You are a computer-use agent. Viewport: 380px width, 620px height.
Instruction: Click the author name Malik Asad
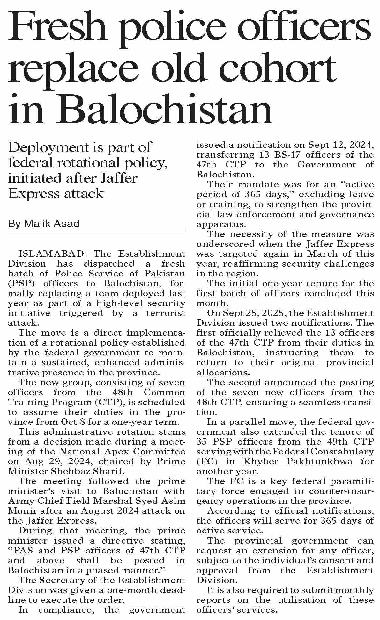coord(52,224)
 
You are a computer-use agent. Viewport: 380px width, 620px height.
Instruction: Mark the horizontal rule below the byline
coord(96,232)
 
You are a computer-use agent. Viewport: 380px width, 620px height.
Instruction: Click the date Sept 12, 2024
coord(341,145)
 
